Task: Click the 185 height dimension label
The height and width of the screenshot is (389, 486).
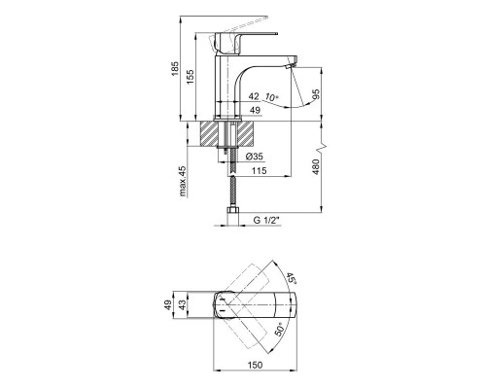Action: click(x=175, y=68)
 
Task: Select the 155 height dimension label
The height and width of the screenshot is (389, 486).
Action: click(x=190, y=77)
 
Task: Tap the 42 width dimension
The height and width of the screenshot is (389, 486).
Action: click(x=254, y=96)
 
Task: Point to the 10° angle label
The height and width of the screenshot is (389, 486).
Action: click(x=271, y=97)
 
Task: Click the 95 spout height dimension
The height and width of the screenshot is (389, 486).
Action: click(x=316, y=94)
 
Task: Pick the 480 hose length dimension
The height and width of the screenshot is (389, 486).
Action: click(x=316, y=167)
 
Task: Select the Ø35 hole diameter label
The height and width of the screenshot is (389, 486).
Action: click(x=255, y=157)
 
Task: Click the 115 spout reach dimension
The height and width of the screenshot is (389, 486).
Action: click(x=260, y=170)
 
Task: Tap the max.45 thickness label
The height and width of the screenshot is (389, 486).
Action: click(x=183, y=181)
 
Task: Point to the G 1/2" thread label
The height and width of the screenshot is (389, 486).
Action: click(x=266, y=221)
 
